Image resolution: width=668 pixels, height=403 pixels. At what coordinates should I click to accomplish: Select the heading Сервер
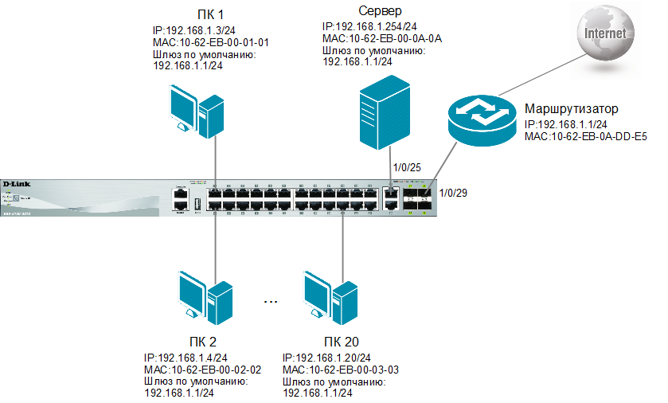[x=358, y=12]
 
